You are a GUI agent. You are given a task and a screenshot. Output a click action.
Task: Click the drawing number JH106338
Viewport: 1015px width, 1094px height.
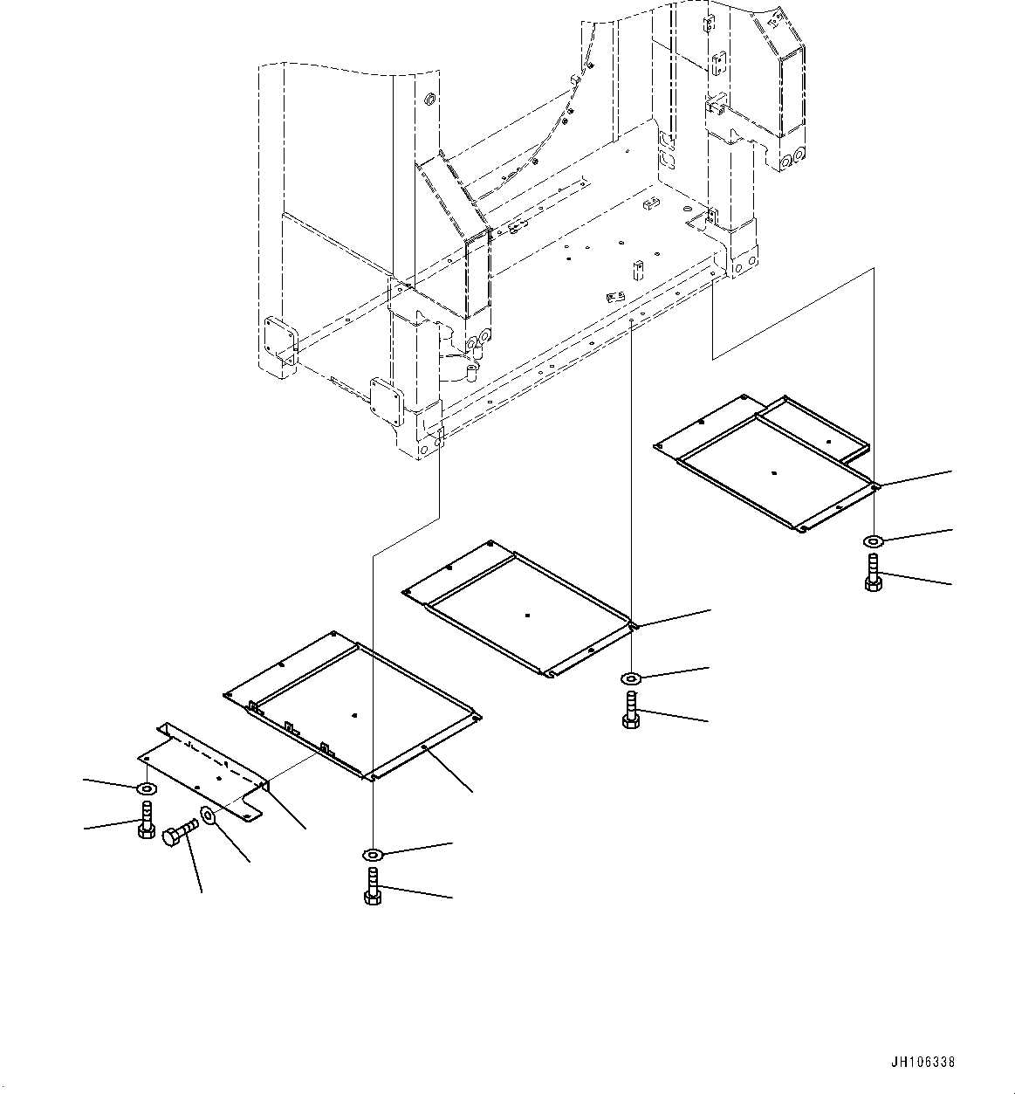923,1063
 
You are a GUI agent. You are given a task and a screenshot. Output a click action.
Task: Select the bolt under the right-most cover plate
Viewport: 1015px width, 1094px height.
874,574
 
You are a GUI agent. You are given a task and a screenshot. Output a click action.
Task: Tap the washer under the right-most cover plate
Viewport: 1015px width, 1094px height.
874,542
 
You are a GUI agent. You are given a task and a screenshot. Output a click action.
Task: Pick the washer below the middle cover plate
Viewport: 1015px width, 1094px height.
630,678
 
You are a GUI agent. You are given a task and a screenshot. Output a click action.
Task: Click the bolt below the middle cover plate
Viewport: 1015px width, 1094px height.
630,709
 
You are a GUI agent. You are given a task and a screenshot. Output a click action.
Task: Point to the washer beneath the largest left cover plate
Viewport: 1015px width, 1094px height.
373,854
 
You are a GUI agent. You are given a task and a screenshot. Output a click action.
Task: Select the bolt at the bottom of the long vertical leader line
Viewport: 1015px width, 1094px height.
373,886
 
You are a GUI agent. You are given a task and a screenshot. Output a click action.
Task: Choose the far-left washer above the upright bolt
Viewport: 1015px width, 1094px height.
146,789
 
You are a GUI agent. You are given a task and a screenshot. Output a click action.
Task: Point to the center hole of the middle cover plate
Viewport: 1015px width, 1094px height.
528,616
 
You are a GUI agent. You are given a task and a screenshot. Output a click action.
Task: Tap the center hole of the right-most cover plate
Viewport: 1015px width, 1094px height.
774,472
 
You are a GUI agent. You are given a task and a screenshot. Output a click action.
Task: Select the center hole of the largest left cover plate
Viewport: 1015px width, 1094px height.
354,715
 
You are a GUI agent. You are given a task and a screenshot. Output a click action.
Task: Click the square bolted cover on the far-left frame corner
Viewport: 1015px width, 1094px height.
281,338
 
